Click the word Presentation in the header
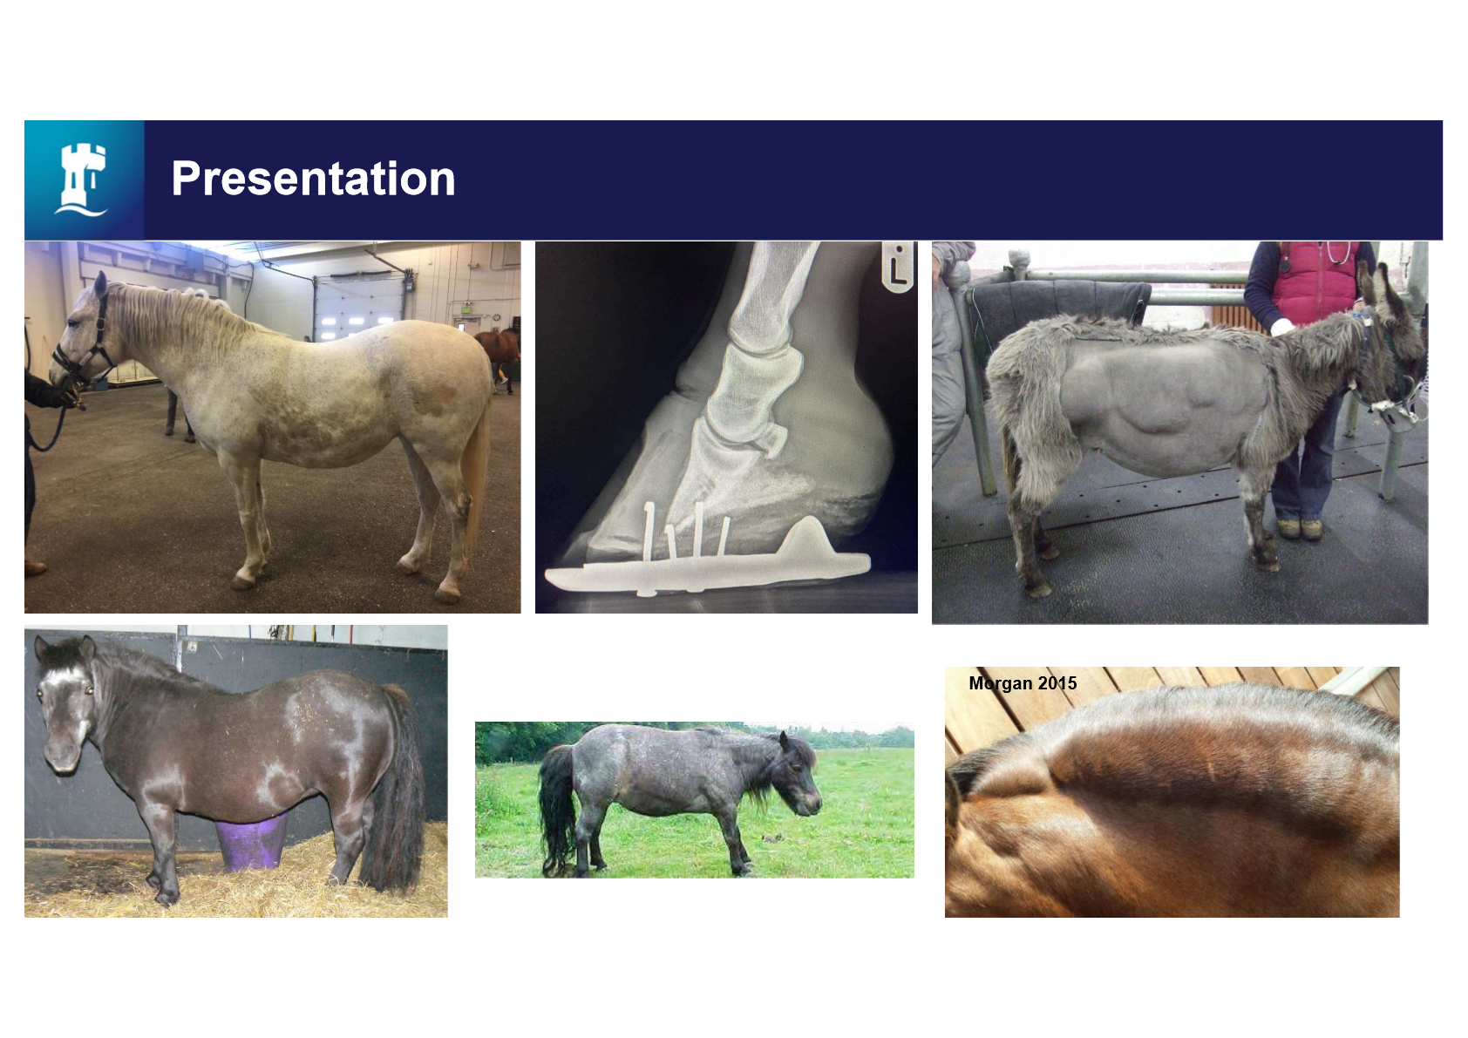[x=313, y=179]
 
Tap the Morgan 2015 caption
[x=1023, y=683]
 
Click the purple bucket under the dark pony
[x=252, y=841]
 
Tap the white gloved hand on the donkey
[x=1282, y=326]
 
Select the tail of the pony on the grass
[x=557, y=810]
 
